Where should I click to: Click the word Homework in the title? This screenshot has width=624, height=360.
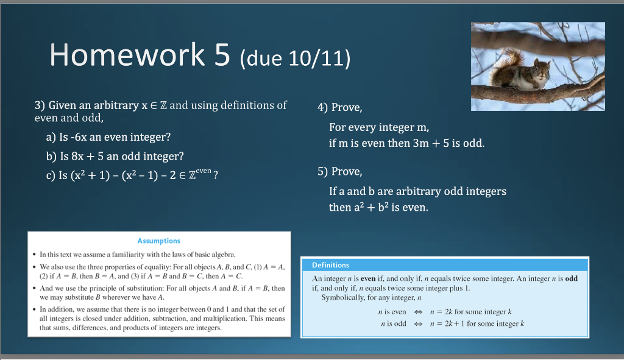click(127, 55)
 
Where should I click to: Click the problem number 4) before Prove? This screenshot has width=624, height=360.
click(322, 108)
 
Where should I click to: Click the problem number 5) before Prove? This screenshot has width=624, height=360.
click(322, 172)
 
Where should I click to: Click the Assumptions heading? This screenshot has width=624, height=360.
click(159, 241)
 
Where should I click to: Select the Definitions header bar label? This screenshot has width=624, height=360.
click(330, 265)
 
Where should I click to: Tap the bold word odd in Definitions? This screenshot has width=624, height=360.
click(571, 278)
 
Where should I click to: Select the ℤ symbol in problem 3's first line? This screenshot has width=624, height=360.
click(163, 106)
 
